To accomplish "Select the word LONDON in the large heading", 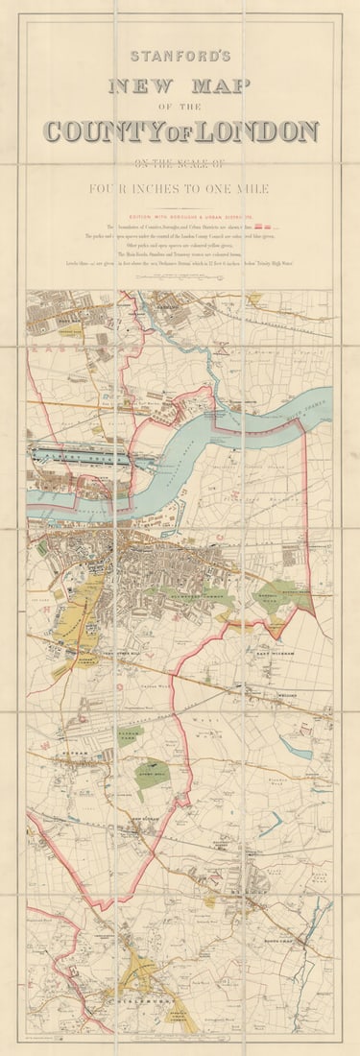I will [x=259, y=132].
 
